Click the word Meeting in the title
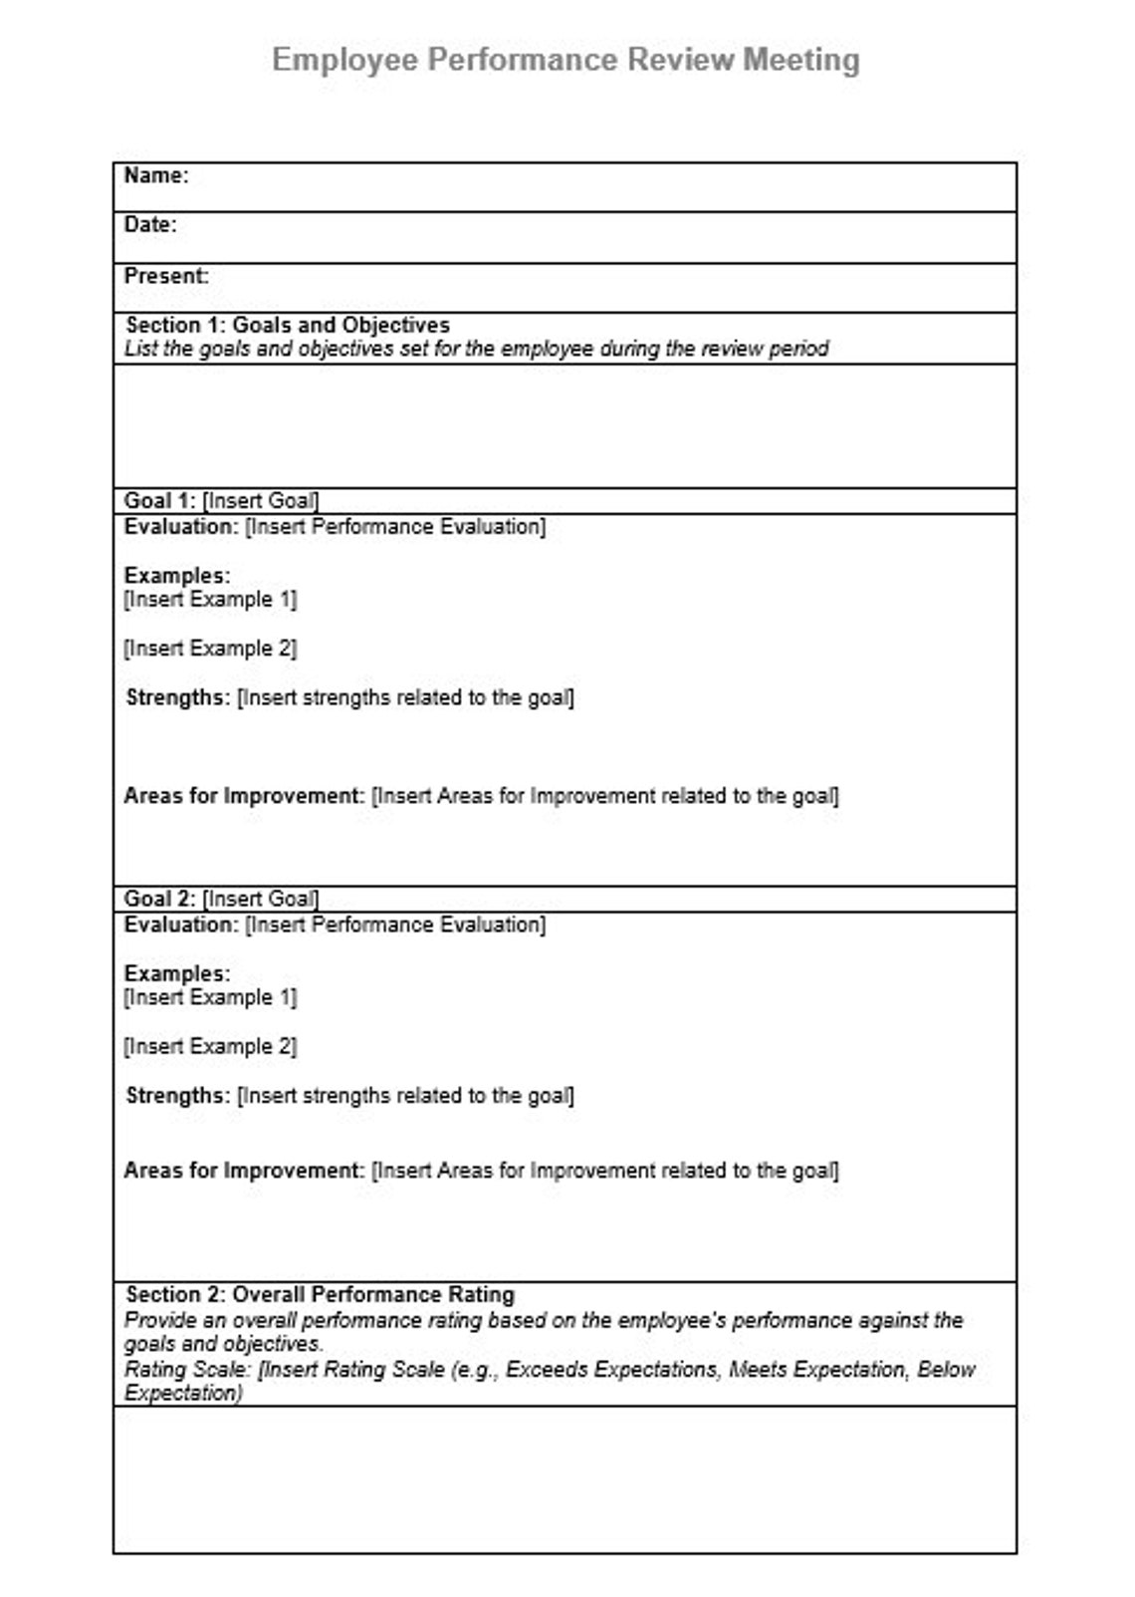800,60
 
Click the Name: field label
155,176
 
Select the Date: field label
149,225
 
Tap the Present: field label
165,276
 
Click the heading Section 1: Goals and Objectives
287,325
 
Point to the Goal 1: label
159,500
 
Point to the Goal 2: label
159,899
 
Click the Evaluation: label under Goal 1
180,526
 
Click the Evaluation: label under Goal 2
180,925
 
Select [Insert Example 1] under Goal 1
210,600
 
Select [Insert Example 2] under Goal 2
210,1046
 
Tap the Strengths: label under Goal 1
177,697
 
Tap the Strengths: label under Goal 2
177,1096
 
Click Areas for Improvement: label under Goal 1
243,796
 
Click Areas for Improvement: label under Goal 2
243,1171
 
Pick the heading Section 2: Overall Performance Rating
320,1295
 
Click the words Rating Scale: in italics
187,1370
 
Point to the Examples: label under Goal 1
176,576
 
